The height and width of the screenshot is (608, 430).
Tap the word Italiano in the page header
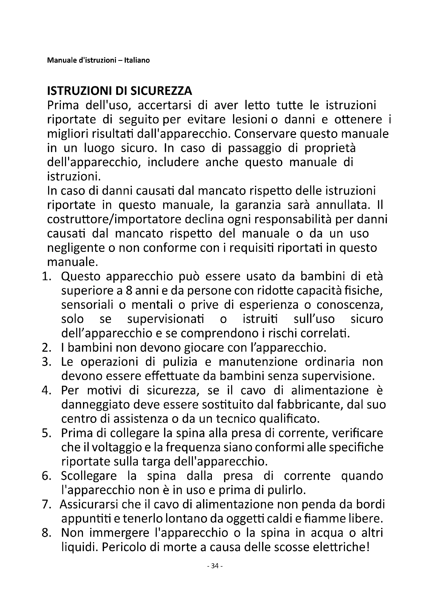point(139,60)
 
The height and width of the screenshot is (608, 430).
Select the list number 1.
point(45,277)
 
